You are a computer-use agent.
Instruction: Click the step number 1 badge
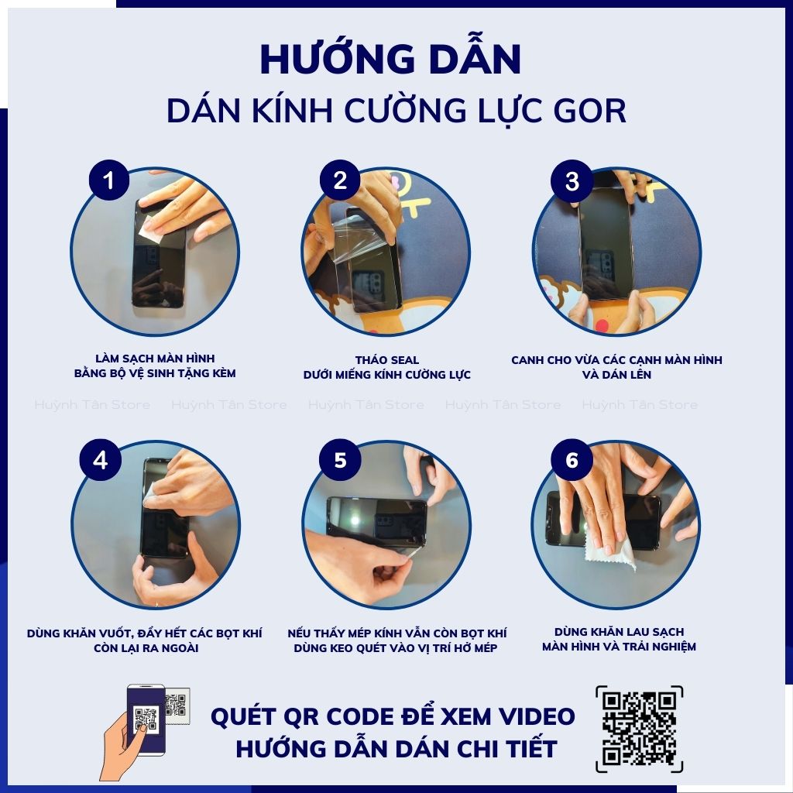click(108, 181)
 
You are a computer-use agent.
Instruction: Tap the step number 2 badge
click(340, 181)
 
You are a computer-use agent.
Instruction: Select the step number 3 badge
click(572, 181)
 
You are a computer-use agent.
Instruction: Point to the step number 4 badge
click(100, 460)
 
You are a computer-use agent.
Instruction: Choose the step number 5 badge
click(340, 460)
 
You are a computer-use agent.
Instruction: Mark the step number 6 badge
click(572, 460)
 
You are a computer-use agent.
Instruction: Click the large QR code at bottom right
click(639, 729)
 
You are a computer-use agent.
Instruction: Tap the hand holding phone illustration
click(136, 728)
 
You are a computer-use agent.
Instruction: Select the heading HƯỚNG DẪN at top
click(390, 60)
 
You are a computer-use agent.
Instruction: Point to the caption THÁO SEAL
click(386, 360)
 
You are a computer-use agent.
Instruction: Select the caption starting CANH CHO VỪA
click(616, 360)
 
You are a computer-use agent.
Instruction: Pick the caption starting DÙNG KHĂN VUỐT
click(145, 633)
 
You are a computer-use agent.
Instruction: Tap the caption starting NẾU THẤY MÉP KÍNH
click(396, 633)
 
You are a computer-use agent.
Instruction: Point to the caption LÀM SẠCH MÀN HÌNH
click(155, 359)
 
